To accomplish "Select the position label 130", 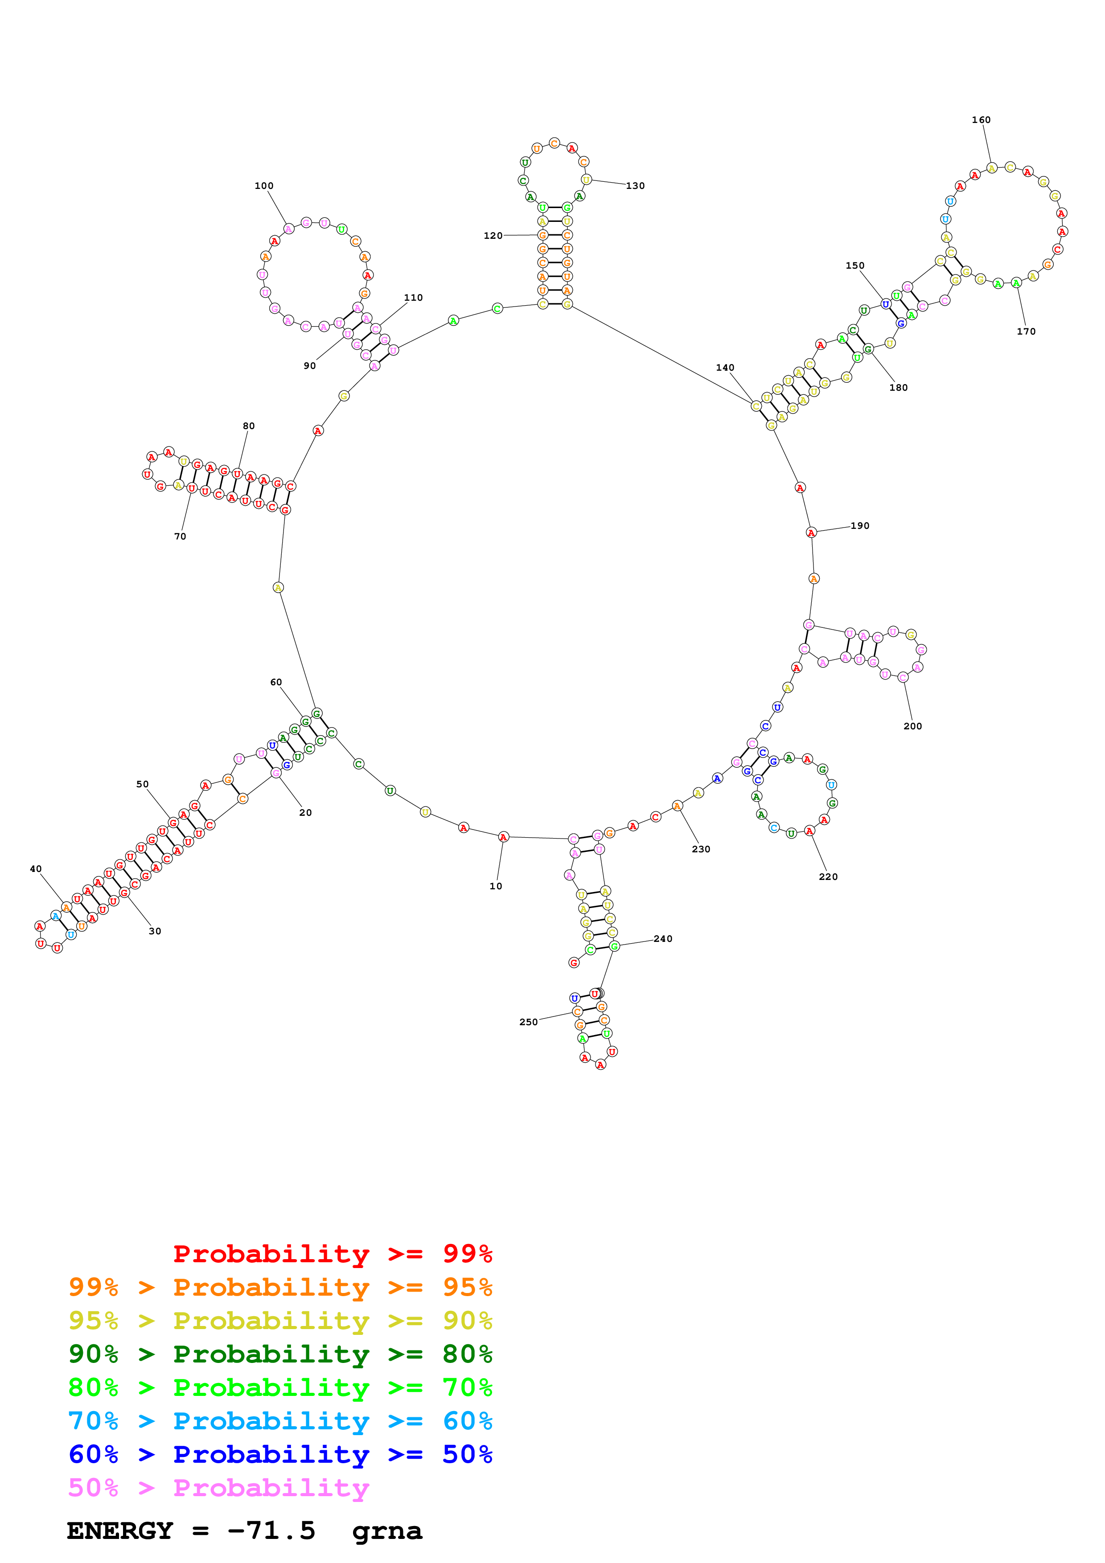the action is (635, 186).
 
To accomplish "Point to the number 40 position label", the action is (35, 869).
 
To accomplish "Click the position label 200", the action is (912, 726).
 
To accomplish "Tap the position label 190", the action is (859, 526).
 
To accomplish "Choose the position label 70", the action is (180, 536).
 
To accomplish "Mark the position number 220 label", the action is (828, 877).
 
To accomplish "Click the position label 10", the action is (496, 886).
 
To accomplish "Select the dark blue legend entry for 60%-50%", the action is (280, 1454).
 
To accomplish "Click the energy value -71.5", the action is (271, 1530).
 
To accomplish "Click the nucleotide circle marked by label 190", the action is (811, 532).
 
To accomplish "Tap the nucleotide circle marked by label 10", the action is (503, 837).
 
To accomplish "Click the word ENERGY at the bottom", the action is (120, 1530).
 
